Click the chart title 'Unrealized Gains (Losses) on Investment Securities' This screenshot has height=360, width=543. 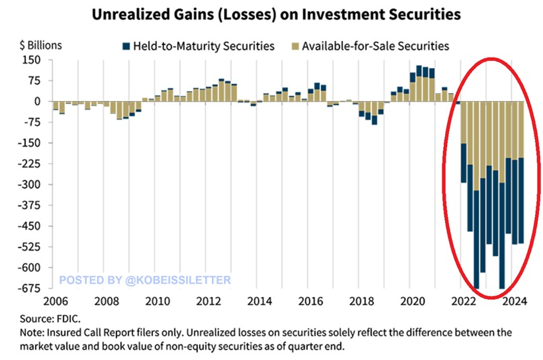pyautogui.click(x=271, y=13)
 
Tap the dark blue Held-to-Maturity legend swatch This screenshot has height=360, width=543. pyautogui.click(x=125, y=46)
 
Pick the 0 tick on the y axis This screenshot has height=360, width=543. pyautogui.click(x=38, y=101)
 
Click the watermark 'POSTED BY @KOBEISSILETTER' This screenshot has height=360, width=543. pyautogui.click(x=145, y=280)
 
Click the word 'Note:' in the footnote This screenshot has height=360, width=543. pyautogui.click(x=34, y=332)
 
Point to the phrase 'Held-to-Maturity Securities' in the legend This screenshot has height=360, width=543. pyautogui.click(x=203, y=46)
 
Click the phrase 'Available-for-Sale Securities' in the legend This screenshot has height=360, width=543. pyautogui.click(x=375, y=46)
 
